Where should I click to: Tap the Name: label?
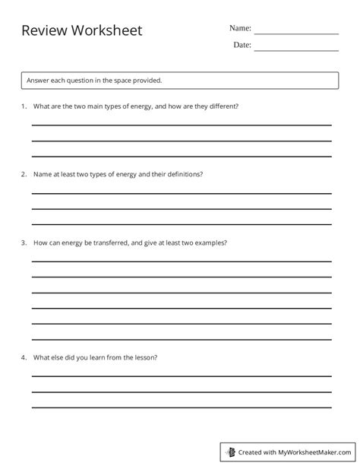point(240,28)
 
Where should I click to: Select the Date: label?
point(242,45)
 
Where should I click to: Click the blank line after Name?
point(296,33)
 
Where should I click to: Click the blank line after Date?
point(296,50)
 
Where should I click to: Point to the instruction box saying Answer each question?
point(180,79)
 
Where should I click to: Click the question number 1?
point(24,106)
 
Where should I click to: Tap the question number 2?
point(24,174)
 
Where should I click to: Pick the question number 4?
point(24,357)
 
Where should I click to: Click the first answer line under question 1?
point(181,124)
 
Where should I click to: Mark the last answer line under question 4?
point(181,408)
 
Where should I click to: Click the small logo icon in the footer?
point(232,451)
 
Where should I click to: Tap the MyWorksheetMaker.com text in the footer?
point(314,452)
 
